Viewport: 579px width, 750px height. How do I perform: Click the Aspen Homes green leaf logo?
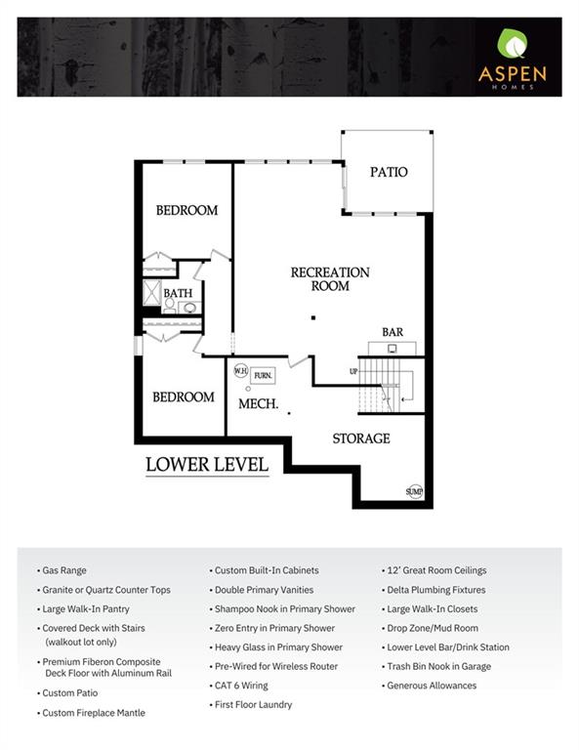(x=512, y=44)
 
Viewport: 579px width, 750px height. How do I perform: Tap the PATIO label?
(x=388, y=172)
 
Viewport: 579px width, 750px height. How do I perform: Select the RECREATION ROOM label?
(x=330, y=279)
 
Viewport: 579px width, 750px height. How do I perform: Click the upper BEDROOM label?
(x=186, y=210)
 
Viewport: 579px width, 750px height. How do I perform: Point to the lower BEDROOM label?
(x=184, y=396)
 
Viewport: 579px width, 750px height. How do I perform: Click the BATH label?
(x=178, y=293)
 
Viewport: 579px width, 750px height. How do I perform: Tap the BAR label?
(x=392, y=332)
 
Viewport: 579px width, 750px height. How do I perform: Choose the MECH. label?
(x=259, y=403)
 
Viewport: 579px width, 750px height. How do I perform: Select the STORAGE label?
(x=360, y=438)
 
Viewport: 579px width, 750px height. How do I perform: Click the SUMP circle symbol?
(x=415, y=490)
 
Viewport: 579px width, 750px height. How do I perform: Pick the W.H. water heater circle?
(x=240, y=370)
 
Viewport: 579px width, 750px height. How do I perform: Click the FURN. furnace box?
(x=263, y=375)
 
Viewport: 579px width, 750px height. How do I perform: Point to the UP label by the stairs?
(x=353, y=371)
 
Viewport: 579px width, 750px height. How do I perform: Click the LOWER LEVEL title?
(x=207, y=465)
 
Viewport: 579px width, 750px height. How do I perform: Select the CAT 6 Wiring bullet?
(x=241, y=686)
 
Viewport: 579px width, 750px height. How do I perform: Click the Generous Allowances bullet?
(x=432, y=686)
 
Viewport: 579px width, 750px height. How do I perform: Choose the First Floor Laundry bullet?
(x=253, y=704)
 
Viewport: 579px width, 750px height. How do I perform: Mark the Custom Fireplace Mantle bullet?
(x=93, y=713)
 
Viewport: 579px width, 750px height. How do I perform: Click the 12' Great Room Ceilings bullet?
(x=436, y=570)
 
